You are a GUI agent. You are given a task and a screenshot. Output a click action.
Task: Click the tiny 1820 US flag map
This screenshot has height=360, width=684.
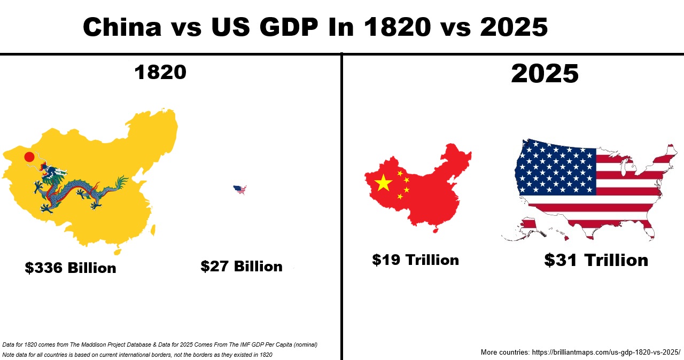240,189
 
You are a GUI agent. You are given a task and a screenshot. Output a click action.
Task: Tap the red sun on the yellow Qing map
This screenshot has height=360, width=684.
29,157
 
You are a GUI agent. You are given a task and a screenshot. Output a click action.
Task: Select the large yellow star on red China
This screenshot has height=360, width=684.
383,183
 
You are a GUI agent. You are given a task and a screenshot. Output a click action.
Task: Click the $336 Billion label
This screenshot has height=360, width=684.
71,268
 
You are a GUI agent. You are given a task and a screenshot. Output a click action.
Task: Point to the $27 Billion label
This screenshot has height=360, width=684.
242,266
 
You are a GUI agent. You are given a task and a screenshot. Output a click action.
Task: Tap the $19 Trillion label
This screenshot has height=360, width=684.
415,260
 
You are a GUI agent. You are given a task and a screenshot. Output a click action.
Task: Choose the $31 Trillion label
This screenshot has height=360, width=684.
596,260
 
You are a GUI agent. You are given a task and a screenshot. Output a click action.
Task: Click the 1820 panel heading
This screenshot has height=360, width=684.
160,72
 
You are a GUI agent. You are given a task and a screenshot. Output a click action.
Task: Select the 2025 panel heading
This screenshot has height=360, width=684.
545,73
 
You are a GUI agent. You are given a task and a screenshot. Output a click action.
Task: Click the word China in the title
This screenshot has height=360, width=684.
122,27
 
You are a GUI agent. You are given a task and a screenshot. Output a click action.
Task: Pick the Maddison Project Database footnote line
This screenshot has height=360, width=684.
160,345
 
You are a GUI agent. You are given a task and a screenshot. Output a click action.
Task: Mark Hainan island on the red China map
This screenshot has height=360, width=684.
434,230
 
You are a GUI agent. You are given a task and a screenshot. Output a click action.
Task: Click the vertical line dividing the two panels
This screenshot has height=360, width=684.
341,214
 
